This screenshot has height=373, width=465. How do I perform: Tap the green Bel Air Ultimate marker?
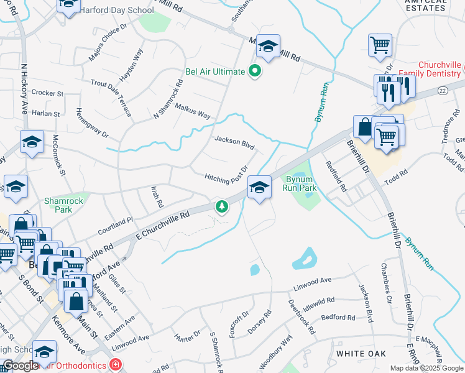click(254, 71)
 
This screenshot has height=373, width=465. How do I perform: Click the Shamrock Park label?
click(58, 205)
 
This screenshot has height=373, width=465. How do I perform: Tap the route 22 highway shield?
click(442, 91)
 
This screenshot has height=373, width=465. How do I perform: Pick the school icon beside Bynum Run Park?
click(259, 186)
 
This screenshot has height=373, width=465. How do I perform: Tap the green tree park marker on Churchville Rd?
click(220, 206)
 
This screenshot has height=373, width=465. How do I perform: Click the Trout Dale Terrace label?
click(111, 98)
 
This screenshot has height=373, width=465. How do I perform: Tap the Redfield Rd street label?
click(338, 175)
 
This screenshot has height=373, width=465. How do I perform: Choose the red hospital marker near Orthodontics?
click(114, 364)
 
